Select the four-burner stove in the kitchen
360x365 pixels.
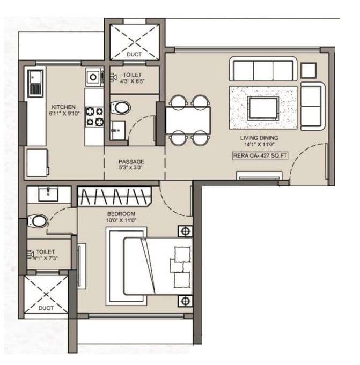[x=95, y=117]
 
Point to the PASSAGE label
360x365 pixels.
[x=131, y=161]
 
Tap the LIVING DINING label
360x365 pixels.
[x=259, y=138]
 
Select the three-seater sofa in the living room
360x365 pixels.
[x=262, y=70]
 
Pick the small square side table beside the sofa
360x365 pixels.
[x=308, y=70]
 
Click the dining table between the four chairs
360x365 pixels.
[x=188, y=120]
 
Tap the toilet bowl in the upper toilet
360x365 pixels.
[x=121, y=107]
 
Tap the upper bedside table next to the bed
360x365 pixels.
[x=185, y=232]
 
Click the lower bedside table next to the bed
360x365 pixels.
[x=185, y=301]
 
